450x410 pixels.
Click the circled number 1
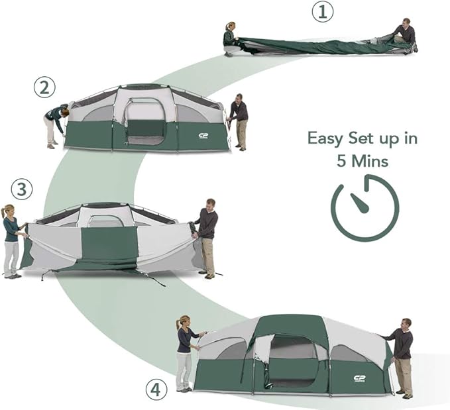pos(322,12)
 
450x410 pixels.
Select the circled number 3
pos(22,189)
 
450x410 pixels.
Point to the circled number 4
pos(155,389)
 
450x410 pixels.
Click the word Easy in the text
pos(326,139)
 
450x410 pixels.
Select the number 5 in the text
pos(342,161)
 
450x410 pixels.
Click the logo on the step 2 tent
pos(204,136)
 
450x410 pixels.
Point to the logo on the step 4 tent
pos(360,379)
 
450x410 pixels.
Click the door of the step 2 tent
pos(145,123)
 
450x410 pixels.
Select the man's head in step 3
pos(210,203)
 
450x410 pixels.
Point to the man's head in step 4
pos(406,323)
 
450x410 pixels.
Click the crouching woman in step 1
pos(231,37)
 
